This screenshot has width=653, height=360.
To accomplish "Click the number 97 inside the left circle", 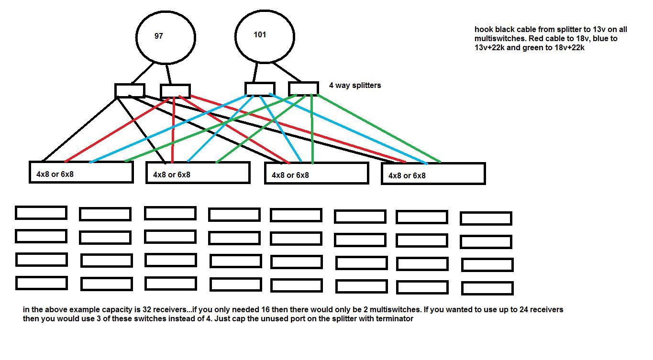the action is pos(159,36).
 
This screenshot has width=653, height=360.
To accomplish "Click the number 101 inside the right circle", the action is pos(260,34).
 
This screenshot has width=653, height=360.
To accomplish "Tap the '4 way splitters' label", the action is pos(355,86).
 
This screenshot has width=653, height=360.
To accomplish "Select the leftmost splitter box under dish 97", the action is pos(130,90).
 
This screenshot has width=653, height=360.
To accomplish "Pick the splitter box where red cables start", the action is pos(175,91).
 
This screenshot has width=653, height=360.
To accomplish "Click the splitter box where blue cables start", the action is pos(260,89).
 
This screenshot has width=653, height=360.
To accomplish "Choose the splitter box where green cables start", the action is pos(303,89).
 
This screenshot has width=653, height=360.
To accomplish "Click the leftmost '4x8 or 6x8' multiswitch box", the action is pos(81,172).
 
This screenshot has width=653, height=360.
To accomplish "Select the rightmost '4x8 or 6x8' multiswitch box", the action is pos(433,174).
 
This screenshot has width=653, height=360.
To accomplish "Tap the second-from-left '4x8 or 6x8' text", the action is pos(171,175).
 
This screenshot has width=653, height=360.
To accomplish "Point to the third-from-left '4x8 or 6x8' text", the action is pos(290,175).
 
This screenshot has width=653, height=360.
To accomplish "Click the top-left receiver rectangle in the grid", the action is pos(41,213).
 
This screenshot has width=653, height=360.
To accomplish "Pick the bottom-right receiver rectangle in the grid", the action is pos(487,288).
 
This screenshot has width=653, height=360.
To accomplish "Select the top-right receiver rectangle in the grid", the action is pos(486,218).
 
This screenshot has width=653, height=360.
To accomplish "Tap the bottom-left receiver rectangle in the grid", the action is pos(42,283).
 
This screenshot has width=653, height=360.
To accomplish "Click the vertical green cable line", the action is pos(312,129).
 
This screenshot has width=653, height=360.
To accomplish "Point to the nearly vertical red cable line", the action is pos(173,130).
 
